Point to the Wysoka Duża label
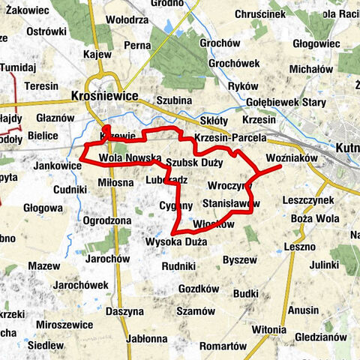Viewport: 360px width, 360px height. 175,241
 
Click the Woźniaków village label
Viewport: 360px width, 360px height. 292,158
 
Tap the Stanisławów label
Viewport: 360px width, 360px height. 231,203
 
